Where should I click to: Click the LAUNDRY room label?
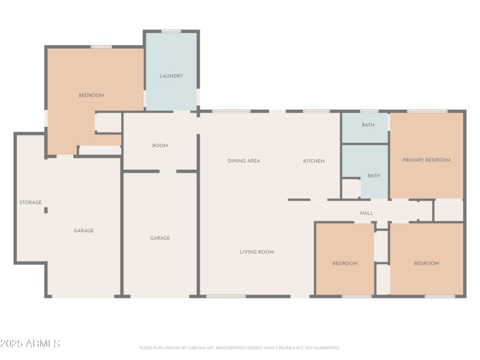tap(171, 76)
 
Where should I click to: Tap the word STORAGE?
tap(31, 202)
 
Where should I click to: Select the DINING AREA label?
tap(244, 161)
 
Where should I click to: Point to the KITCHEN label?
tap(313, 161)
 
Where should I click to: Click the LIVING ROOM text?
tap(257, 252)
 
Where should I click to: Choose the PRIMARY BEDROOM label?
tap(427, 160)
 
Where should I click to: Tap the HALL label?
tap(367, 213)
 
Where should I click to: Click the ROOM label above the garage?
tap(160, 146)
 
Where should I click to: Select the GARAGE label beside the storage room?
tap(83, 230)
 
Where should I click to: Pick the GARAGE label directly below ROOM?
tap(160, 238)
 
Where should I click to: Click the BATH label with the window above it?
tap(368, 125)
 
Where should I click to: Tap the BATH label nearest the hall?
tap(374, 176)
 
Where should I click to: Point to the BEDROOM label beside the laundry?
tap(91, 95)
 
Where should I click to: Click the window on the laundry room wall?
tap(171, 31)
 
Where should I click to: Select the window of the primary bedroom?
tap(427, 111)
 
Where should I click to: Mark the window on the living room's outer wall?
tap(226, 296)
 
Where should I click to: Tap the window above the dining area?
tap(232, 111)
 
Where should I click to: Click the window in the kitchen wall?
tap(317, 111)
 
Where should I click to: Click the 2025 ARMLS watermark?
tap(30, 343)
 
